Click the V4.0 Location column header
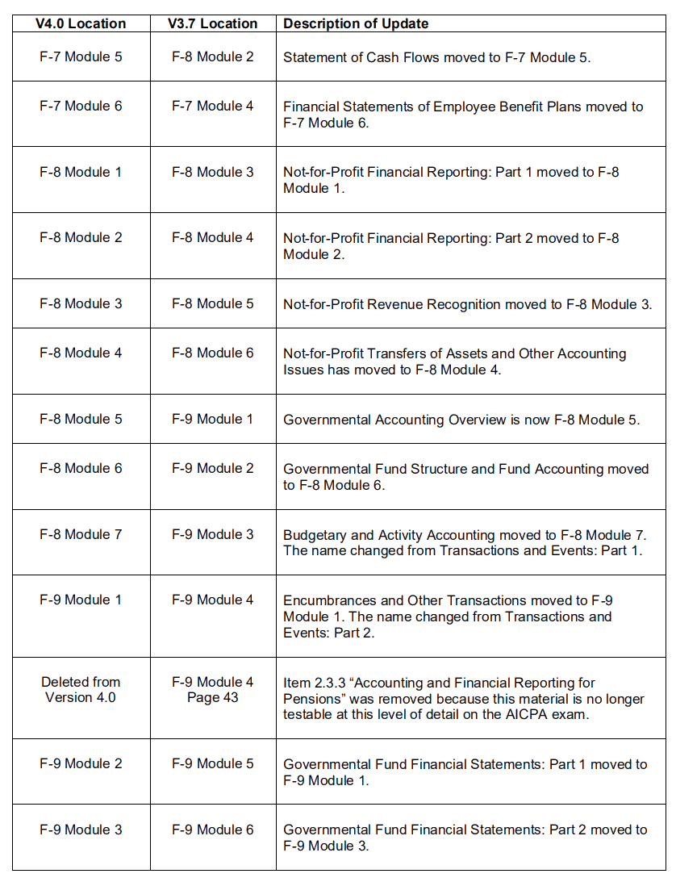click(81, 23)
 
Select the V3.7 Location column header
click(212, 23)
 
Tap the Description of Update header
click(356, 23)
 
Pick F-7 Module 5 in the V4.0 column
click(81, 56)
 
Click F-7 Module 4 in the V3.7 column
click(212, 106)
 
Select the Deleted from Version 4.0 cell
click(81, 689)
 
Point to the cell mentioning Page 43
click(212, 689)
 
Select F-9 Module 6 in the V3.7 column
click(212, 829)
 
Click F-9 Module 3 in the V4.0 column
click(81, 829)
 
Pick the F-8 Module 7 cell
click(81, 534)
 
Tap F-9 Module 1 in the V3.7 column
click(212, 419)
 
